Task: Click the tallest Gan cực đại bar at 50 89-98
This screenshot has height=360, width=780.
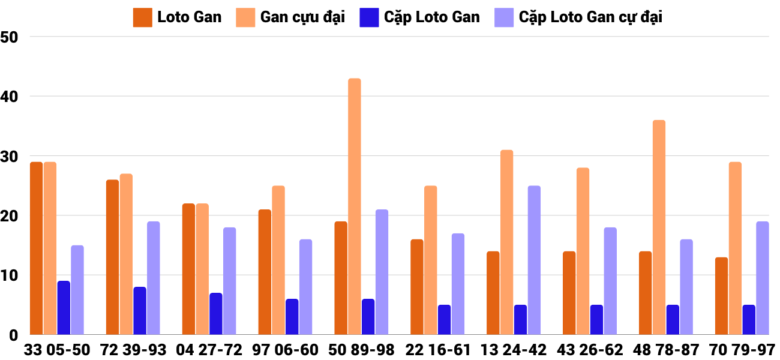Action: pyautogui.click(x=355, y=206)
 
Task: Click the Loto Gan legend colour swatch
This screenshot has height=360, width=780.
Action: pyautogui.click(x=142, y=17)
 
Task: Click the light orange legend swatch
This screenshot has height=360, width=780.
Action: pyautogui.click(x=245, y=17)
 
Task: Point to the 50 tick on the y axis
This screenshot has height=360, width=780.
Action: pyautogui.click(x=10, y=37)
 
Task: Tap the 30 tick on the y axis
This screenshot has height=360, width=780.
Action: pyautogui.click(x=10, y=156)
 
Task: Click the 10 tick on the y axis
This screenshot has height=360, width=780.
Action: pyautogui.click(x=10, y=275)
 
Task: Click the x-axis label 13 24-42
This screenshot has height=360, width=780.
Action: pyautogui.click(x=514, y=350)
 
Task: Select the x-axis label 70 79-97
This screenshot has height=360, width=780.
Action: pyautogui.click(x=742, y=350)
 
